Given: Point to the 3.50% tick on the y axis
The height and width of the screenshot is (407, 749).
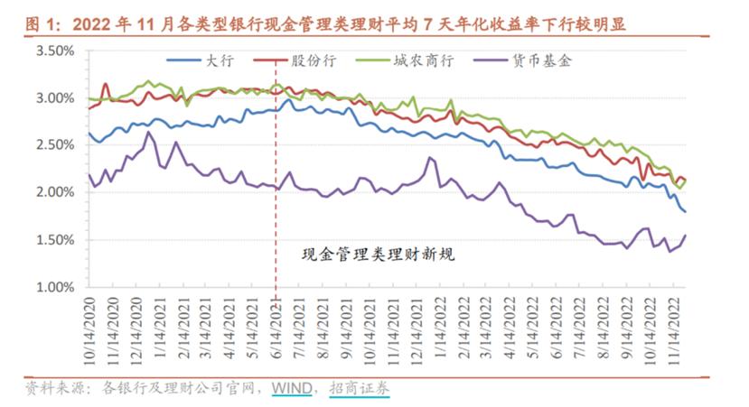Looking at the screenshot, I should click(55, 51).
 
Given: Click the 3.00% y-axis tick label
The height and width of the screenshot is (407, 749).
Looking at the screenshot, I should click(55, 97).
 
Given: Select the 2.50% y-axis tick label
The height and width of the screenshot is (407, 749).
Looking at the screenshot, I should click(55, 145).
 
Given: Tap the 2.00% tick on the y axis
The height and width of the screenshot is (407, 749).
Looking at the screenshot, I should click(55, 192).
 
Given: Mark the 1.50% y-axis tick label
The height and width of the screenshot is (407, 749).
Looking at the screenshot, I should click(55, 240).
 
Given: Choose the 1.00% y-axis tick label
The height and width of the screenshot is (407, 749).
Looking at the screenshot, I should click(55, 288).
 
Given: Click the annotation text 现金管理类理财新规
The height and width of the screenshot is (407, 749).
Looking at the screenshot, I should click(378, 254).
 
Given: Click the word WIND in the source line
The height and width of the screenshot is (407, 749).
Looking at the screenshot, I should click(291, 389).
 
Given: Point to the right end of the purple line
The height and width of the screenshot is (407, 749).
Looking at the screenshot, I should click(685, 236).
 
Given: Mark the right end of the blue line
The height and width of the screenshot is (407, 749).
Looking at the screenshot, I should click(685, 211).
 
